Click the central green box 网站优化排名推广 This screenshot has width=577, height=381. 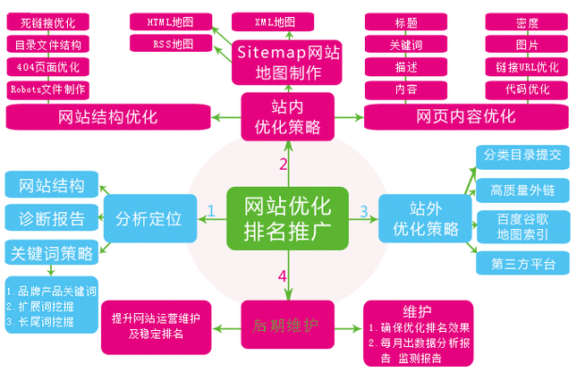[x=287, y=217]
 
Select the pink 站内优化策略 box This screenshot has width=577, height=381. [x=286, y=116]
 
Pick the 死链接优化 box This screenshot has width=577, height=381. [x=50, y=21]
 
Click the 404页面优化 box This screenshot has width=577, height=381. [x=50, y=66]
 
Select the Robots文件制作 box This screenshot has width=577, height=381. [x=50, y=89]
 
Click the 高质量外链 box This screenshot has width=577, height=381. [x=523, y=190]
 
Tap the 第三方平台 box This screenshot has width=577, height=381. [x=523, y=263]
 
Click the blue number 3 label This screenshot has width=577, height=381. [x=363, y=211]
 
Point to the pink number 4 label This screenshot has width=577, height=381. [x=282, y=275]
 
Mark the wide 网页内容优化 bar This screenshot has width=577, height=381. [x=465, y=116]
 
